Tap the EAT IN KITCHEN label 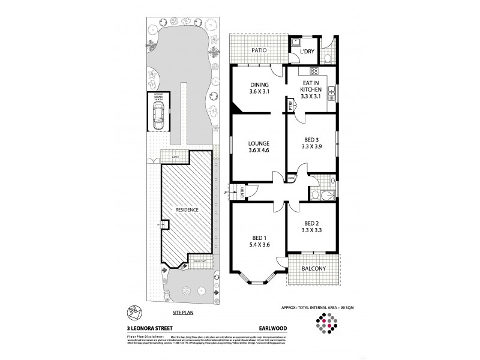(x=311, y=89)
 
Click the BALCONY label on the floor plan (x=313, y=268)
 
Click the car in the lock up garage (x=158, y=114)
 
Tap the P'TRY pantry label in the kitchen (x=290, y=105)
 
